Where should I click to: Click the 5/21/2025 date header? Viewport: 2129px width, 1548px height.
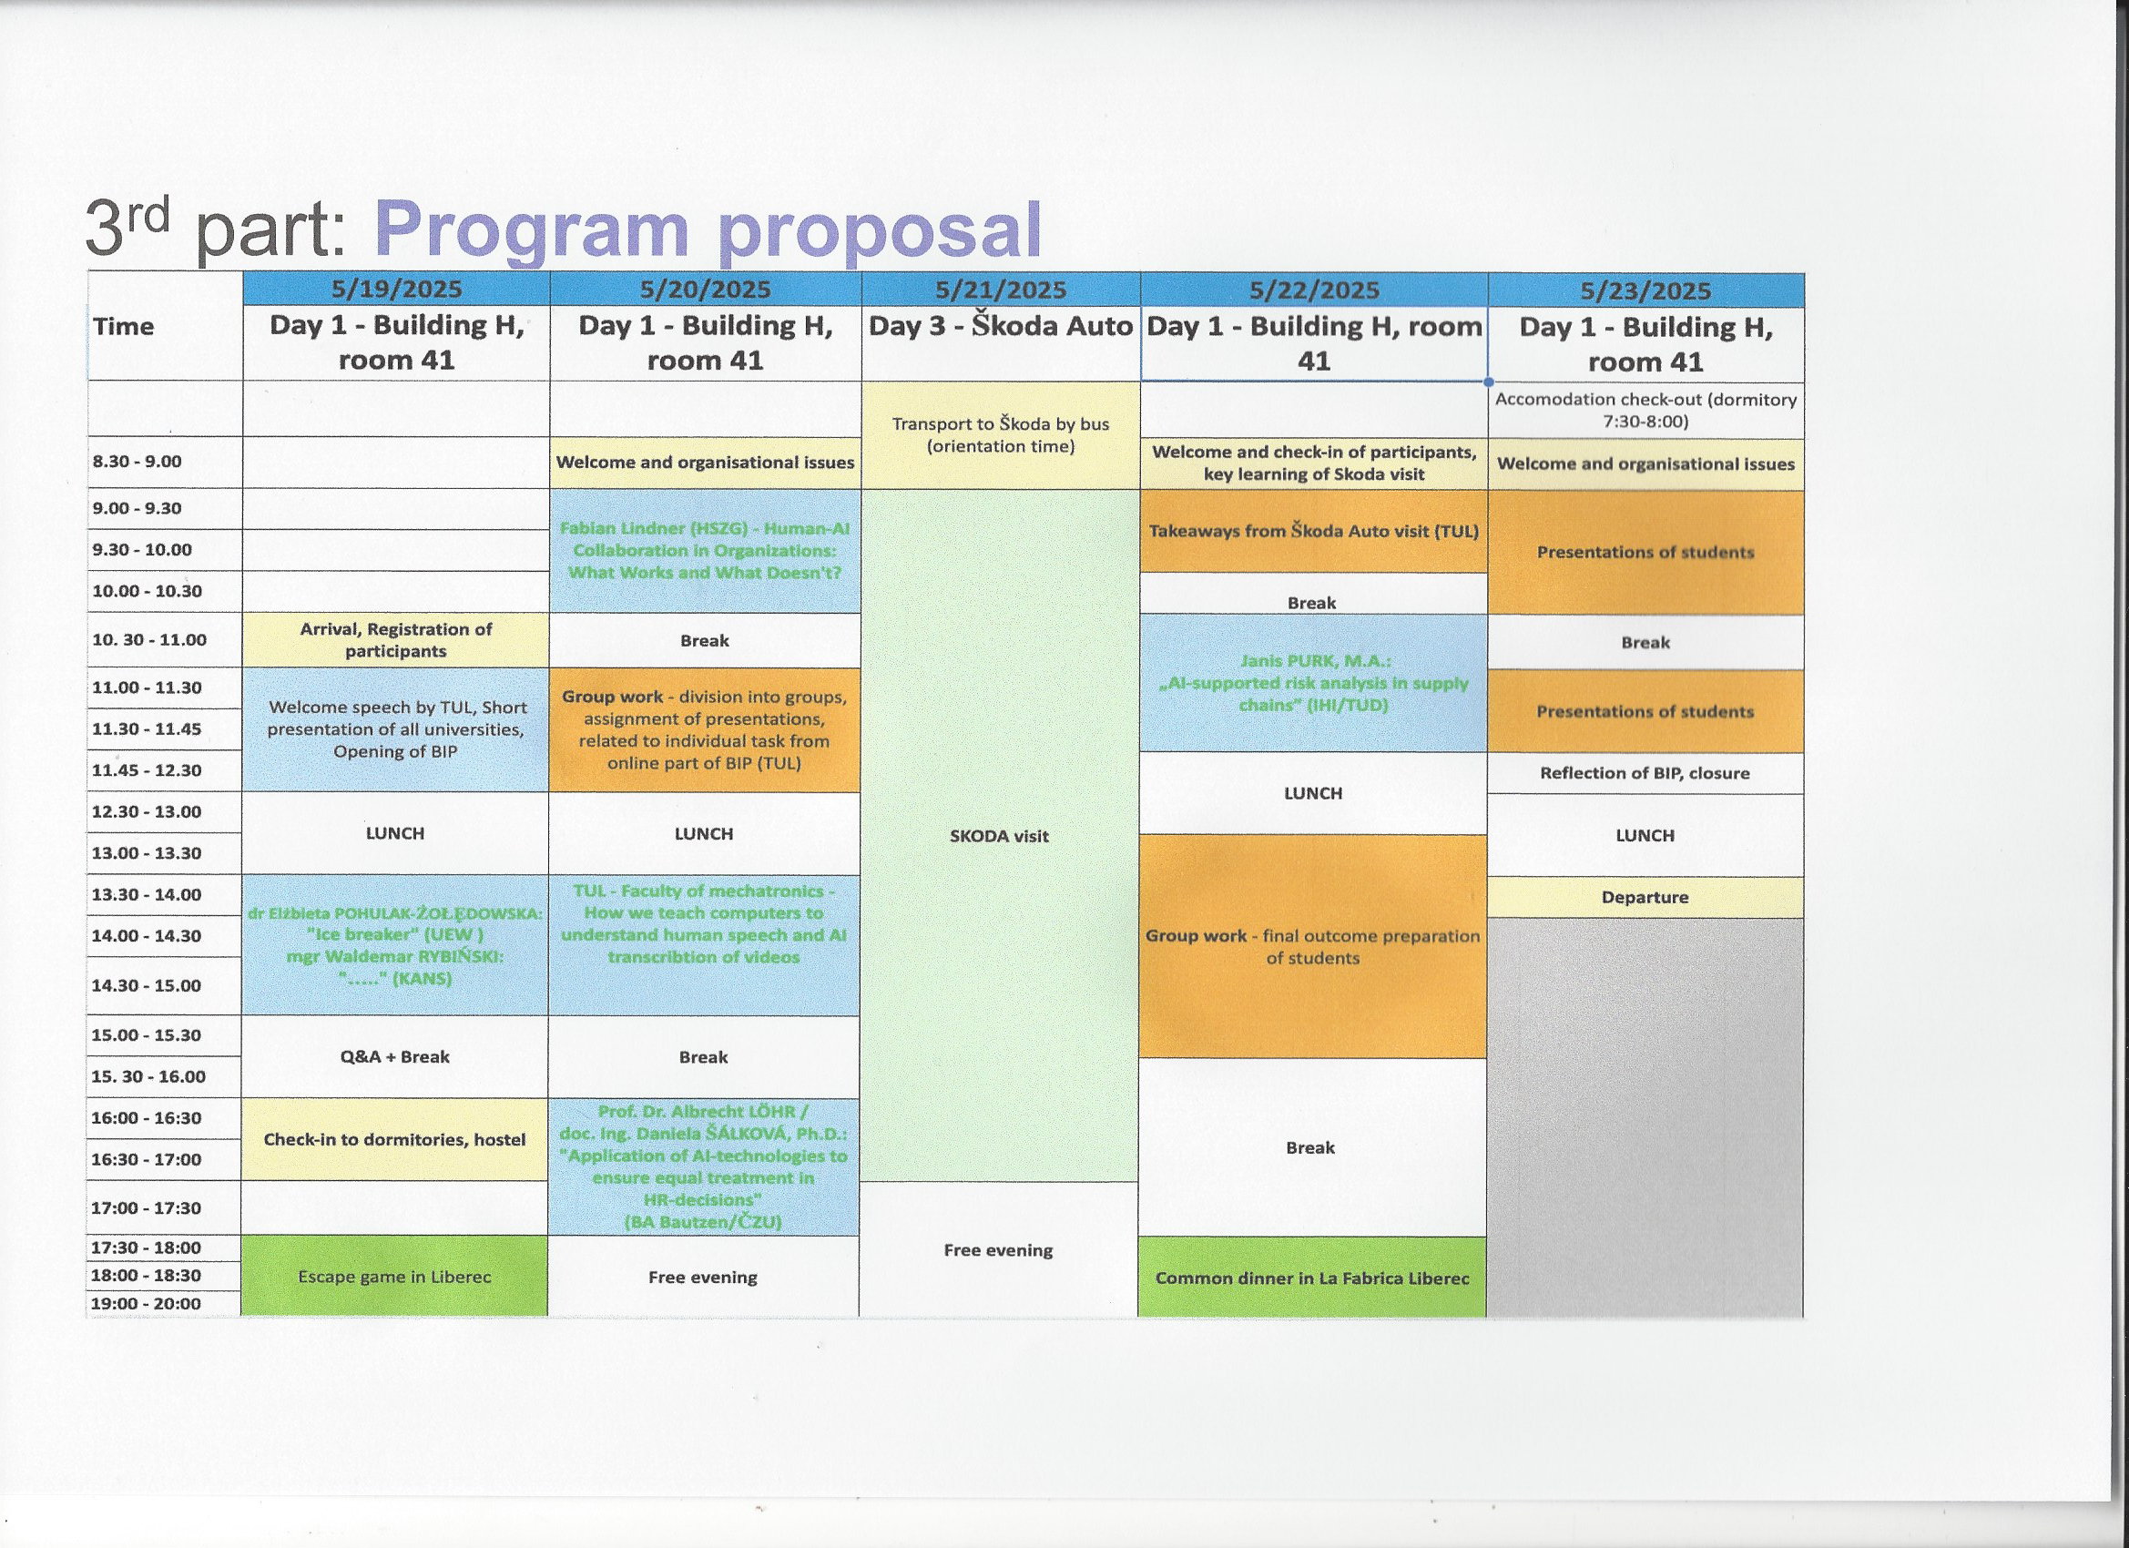click(1001, 290)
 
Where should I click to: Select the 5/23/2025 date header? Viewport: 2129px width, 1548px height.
click(1645, 290)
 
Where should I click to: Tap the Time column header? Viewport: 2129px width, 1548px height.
click(123, 326)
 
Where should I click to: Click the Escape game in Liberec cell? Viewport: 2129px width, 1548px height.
click(394, 1276)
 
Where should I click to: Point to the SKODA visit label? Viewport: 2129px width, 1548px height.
click(999, 836)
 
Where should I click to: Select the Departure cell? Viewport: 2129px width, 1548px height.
click(1645, 897)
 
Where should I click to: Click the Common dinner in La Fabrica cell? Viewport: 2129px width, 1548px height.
click(1312, 1278)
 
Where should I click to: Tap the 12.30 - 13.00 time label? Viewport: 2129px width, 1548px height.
click(147, 811)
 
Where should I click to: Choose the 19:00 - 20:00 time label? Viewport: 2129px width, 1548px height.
click(146, 1303)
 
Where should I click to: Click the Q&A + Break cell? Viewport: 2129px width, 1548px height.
click(394, 1056)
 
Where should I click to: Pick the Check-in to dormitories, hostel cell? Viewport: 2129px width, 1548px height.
click(394, 1139)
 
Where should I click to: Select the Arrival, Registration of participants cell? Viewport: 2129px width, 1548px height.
click(395, 639)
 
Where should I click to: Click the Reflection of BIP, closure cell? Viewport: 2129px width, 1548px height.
click(1645, 772)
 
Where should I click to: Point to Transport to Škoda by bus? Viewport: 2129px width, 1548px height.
click(1001, 434)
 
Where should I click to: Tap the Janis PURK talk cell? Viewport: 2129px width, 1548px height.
click(1313, 682)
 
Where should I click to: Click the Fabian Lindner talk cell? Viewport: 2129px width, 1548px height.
click(705, 550)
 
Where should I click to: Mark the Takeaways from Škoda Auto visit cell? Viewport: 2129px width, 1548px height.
click(1313, 530)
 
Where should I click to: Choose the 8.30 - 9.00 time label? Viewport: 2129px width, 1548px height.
click(138, 461)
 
